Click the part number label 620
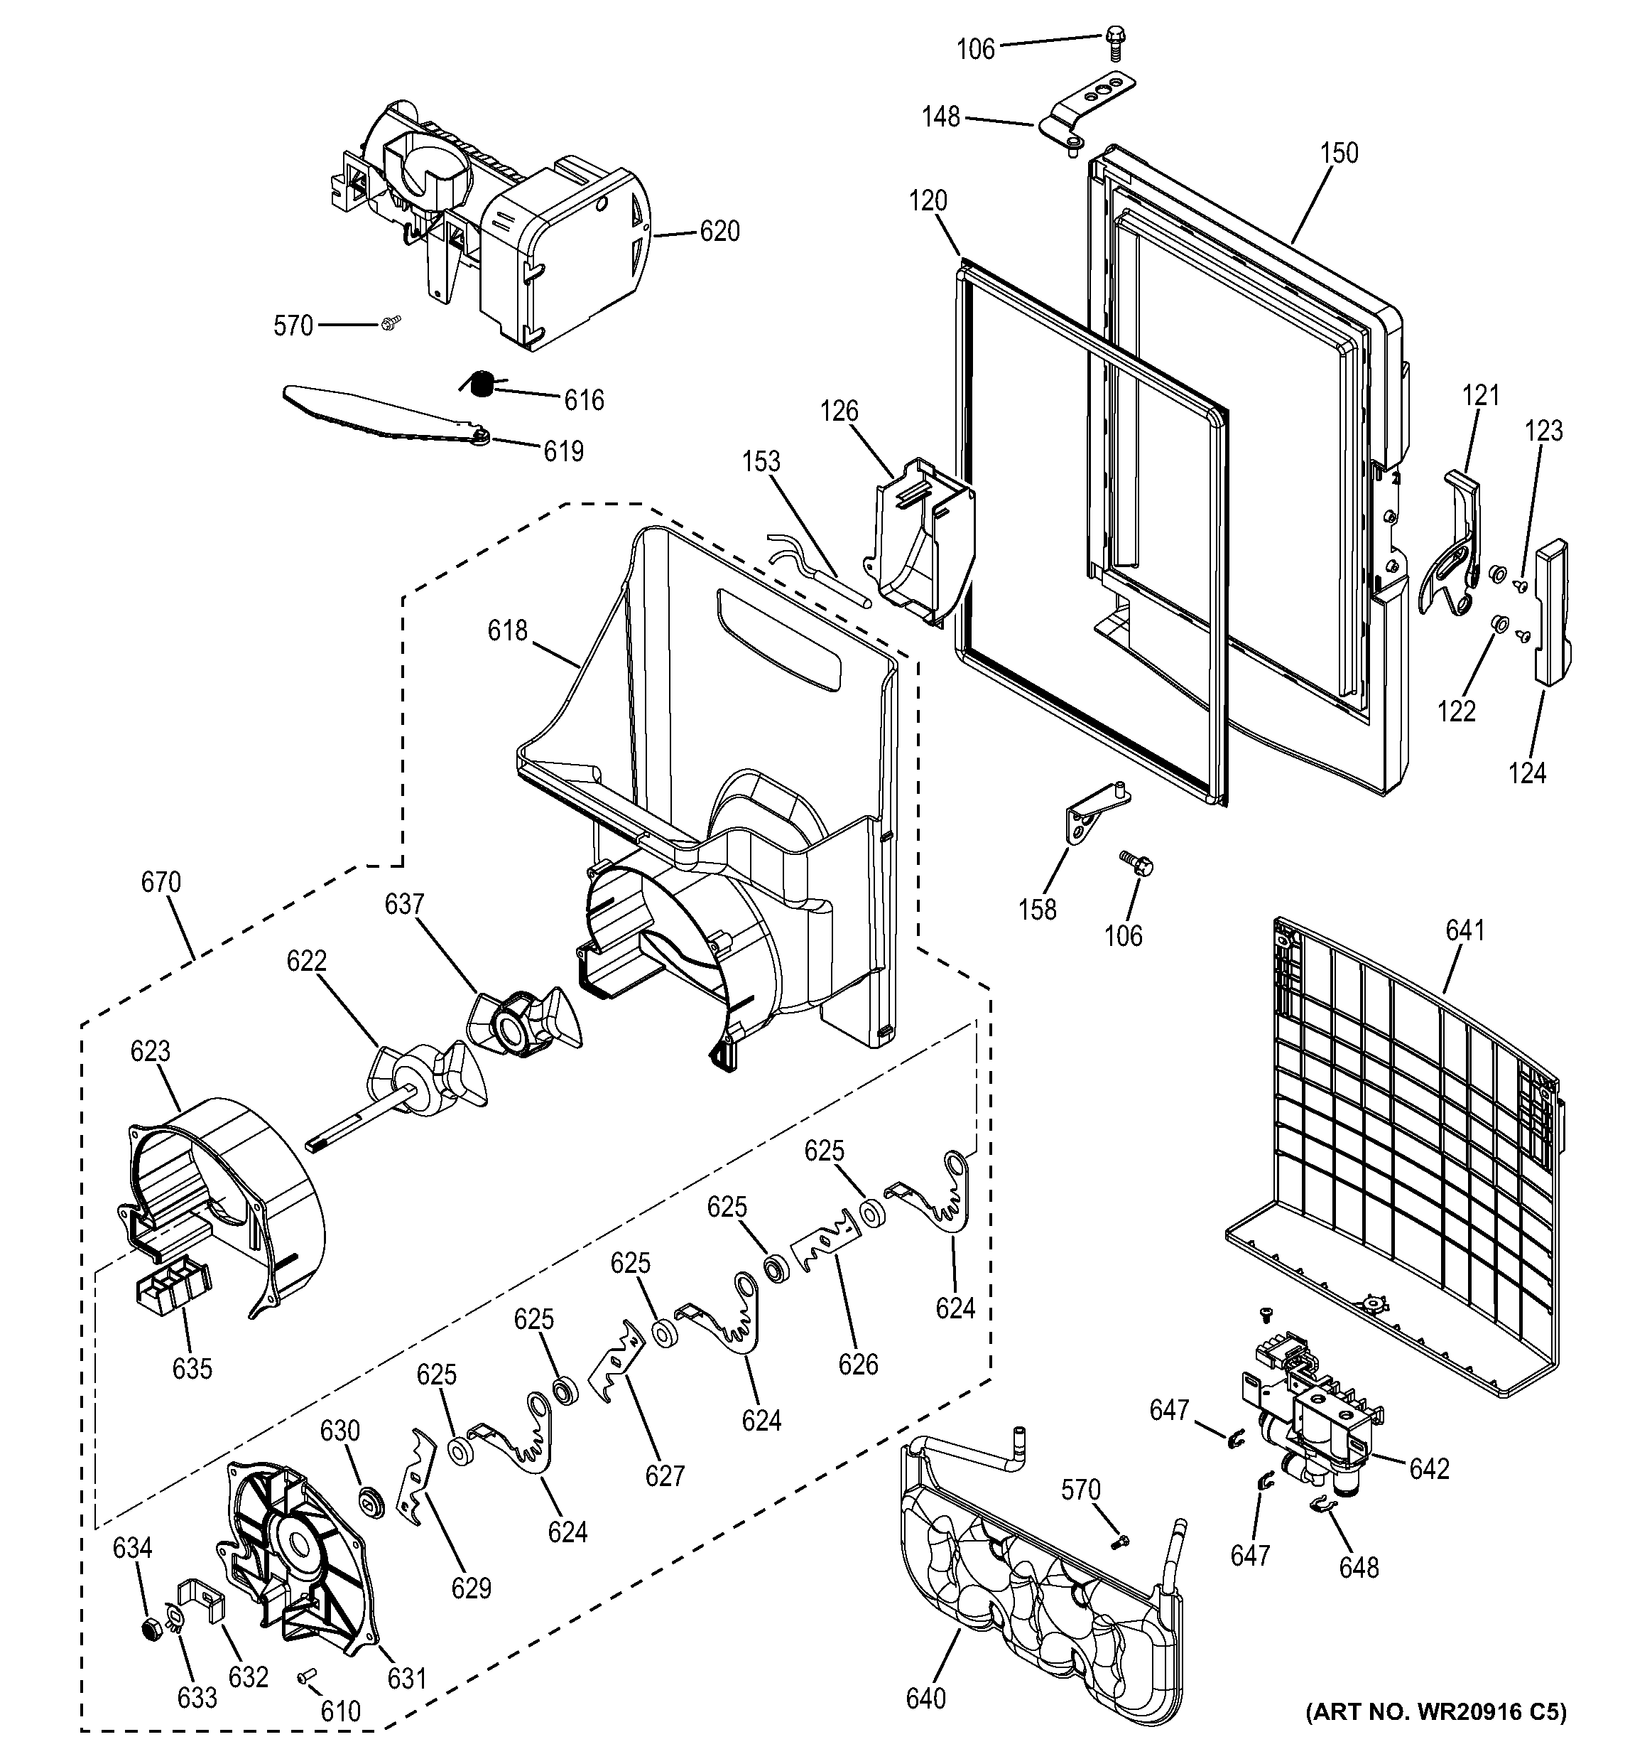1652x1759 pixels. point(719,232)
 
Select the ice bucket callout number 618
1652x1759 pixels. point(506,631)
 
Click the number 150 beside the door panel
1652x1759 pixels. point(1339,153)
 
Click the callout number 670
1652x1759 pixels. point(161,882)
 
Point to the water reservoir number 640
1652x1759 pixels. point(925,1698)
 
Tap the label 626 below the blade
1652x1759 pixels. point(858,1365)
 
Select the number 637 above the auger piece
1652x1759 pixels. point(403,904)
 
